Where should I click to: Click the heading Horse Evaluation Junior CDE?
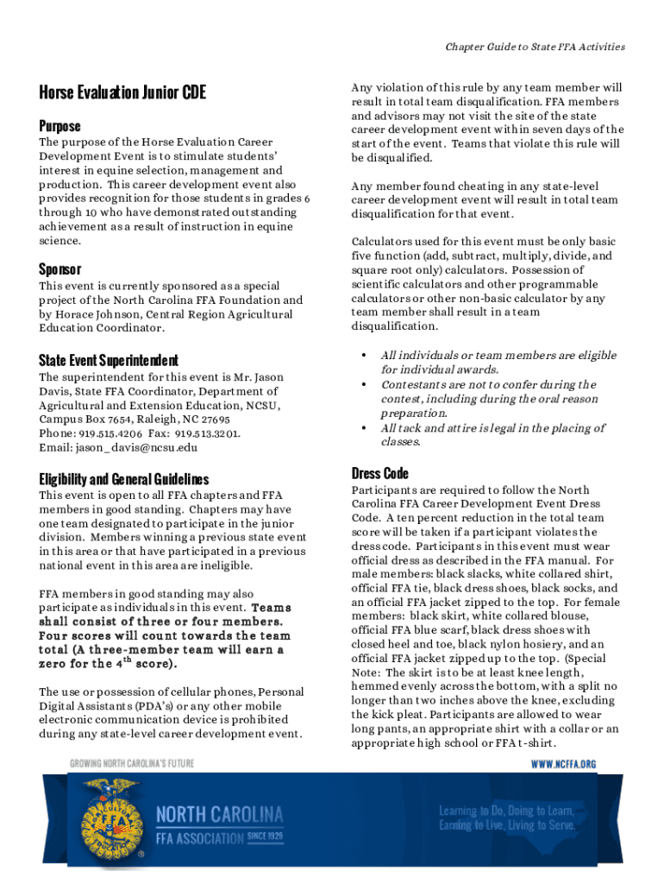pyautogui.click(x=122, y=93)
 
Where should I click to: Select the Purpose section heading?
pyautogui.click(x=60, y=126)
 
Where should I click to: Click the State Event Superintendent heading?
pyautogui.click(x=109, y=360)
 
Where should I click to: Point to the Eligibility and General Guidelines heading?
pyautogui.click(x=124, y=479)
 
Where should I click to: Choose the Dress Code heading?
pyautogui.click(x=380, y=473)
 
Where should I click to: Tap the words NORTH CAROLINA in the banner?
pyautogui.click(x=220, y=815)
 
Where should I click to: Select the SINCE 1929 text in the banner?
pyautogui.click(x=265, y=837)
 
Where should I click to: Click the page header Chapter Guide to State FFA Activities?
pyautogui.click(x=536, y=47)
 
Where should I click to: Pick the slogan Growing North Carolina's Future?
pyautogui.click(x=132, y=763)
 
